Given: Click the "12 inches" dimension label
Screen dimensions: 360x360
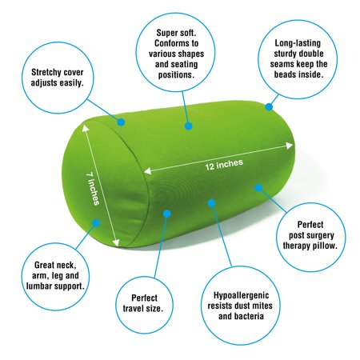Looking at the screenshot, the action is (224, 165).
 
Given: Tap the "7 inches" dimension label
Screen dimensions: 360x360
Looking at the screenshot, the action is (93, 189).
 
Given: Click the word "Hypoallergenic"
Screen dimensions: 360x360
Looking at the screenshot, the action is (241, 295).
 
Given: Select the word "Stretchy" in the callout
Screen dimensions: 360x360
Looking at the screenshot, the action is (46, 72).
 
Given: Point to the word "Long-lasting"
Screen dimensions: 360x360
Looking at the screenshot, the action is (298, 43).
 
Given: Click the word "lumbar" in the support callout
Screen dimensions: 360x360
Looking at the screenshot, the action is (39, 286).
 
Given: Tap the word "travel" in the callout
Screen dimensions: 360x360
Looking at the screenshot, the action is (134, 309).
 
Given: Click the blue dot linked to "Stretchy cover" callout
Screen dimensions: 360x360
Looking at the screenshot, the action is (121, 122).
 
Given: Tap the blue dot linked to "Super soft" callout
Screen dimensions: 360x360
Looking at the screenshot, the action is (189, 126).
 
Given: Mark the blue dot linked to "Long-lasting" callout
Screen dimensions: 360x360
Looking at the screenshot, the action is (269, 107).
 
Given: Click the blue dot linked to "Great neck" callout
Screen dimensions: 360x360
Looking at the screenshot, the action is (96, 223).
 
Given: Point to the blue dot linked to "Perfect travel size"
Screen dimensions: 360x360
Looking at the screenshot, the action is (167, 214).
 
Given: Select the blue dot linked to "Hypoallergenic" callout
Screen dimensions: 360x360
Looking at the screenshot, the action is (211, 203).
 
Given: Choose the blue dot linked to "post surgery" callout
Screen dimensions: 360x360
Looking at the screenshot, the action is (258, 187).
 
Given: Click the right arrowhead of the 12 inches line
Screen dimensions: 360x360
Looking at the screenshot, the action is (290, 146).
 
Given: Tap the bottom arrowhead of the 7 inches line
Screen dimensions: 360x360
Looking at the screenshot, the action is (116, 242).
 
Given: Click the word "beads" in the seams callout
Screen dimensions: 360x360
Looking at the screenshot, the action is (284, 74).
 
